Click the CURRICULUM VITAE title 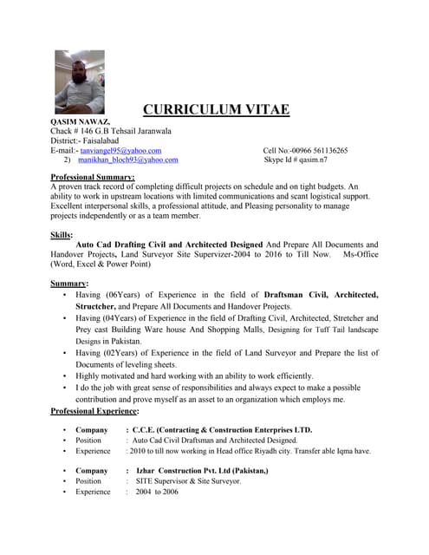pyautogui.click(x=216, y=110)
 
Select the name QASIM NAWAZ pyautogui.click(x=80, y=123)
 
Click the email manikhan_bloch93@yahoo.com pyautogui.click(x=127, y=160)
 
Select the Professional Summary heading pyautogui.click(x=94, y=178)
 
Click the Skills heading pyautogui.click(x=62, y=235)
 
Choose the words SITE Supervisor pyautogui.click(x=164, y=481)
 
